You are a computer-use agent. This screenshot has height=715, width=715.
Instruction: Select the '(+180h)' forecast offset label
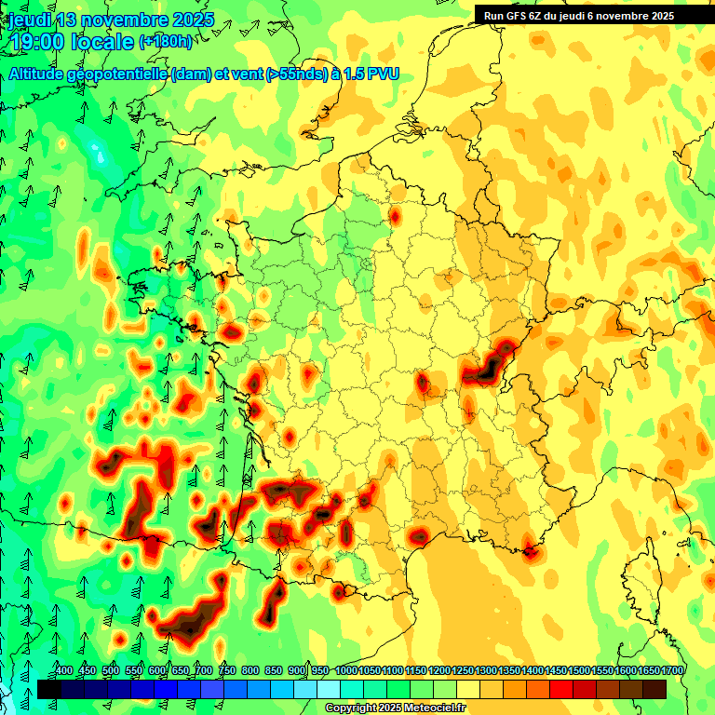166,41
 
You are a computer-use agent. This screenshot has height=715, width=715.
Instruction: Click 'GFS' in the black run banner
526,15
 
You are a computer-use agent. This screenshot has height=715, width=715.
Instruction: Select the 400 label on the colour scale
64,670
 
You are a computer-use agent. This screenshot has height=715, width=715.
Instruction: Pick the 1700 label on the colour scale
671,670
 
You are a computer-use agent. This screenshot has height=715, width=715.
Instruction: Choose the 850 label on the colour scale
274,670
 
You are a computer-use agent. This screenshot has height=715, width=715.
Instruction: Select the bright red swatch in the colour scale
561,689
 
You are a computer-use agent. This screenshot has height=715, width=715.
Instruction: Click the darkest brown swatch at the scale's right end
654,689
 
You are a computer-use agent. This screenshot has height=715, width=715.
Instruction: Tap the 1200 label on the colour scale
438,670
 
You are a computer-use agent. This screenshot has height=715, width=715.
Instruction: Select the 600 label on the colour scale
157,670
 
